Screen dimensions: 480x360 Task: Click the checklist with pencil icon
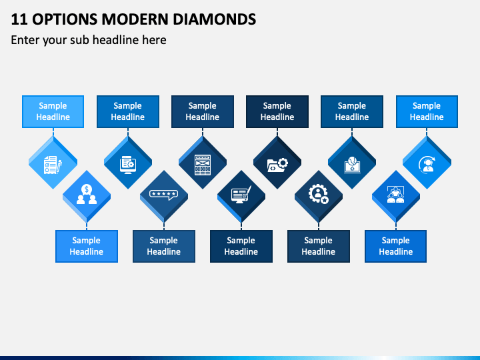click(x=53, y=165)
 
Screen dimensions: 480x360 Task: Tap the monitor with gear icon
click(x=127, y=165)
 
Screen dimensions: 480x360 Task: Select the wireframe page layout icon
click(x=203, y=165)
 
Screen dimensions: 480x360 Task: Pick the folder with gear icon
click(x=277, y=165)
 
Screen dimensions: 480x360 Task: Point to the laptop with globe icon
click(x=352, y=165)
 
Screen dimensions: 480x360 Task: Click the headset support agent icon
click(x=427, y=165)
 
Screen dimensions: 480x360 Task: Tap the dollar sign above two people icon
click(x=87, y=194)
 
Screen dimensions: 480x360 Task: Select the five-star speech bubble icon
click(x=164, y=195)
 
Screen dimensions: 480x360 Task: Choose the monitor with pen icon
click(x=241, y=195)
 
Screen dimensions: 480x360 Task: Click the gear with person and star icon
click(x=319, y=194)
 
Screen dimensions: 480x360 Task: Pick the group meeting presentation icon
click(x=396, y=195)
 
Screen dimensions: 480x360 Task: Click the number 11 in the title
click(x=19, y=19)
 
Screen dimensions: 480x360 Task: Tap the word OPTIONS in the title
click(x=65, y=19)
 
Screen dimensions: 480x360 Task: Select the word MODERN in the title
click(x=135, y=19)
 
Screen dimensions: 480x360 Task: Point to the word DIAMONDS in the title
click(x=214, y=19)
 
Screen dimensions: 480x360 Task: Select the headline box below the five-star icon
click(x=164, y=246)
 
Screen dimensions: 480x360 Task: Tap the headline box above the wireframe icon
click(x=203, y=111)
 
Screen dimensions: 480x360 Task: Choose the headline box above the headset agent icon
click(x=427, y=111)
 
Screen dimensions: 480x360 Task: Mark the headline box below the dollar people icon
click(x=87, y=246)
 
